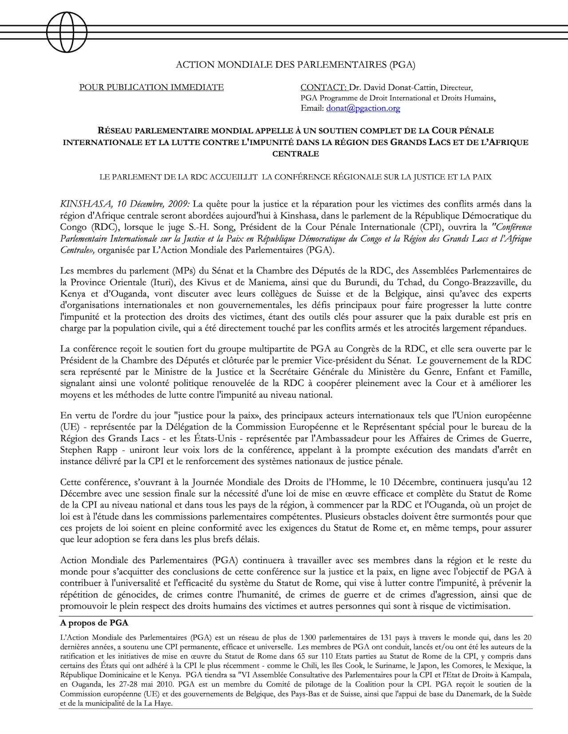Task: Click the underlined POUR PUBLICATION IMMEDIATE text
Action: click(151, 87)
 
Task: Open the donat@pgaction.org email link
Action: click(363, 108)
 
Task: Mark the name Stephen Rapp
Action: click(87, 449)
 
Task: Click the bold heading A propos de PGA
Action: click(94, 623)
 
